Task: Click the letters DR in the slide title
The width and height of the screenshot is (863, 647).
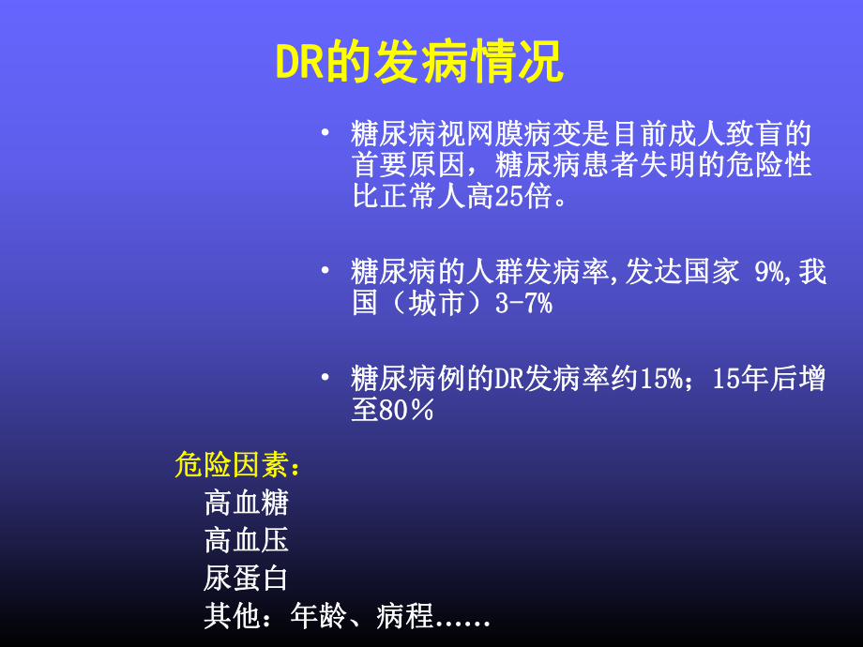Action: (x=299, y=63)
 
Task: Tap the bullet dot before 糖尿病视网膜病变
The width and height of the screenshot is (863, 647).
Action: (x=325, y=133)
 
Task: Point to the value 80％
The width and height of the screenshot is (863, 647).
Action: (x=405, y=411)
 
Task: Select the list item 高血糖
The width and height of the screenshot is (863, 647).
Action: (x=247, y=504)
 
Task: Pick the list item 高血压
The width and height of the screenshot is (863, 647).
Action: (x=247, y=541)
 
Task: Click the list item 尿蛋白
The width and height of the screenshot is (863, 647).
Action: (x=247, y=579)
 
